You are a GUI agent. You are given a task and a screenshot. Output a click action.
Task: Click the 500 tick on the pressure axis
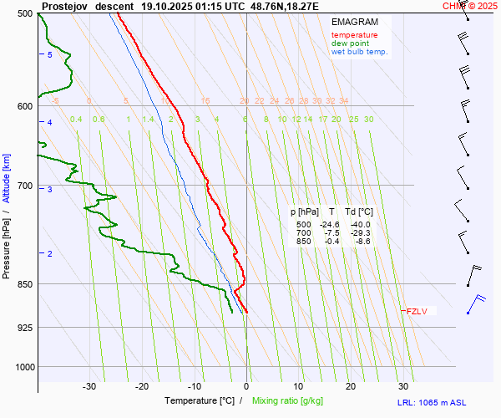[x=25, y=14]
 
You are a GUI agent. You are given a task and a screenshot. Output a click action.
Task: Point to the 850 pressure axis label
[x=25, y=284]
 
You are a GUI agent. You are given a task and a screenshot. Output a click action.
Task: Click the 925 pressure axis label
[x=25, y=328]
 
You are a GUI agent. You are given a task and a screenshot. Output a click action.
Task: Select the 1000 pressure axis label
[x=23, y=367]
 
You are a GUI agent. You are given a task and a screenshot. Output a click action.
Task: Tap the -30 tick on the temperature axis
[x=89, y=386]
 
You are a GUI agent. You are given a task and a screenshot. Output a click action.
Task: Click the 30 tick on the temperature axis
[x=403, y=386]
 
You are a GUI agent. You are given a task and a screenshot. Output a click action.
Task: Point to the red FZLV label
[x=417, y=312]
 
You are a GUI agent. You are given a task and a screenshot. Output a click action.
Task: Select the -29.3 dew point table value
[x=361, y=233]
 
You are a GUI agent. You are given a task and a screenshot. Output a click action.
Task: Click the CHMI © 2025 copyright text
[x=470, y=6]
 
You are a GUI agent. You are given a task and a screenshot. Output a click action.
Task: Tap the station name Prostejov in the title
[x=63, y=6]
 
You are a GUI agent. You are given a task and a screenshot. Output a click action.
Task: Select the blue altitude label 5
[x=49, y=54]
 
